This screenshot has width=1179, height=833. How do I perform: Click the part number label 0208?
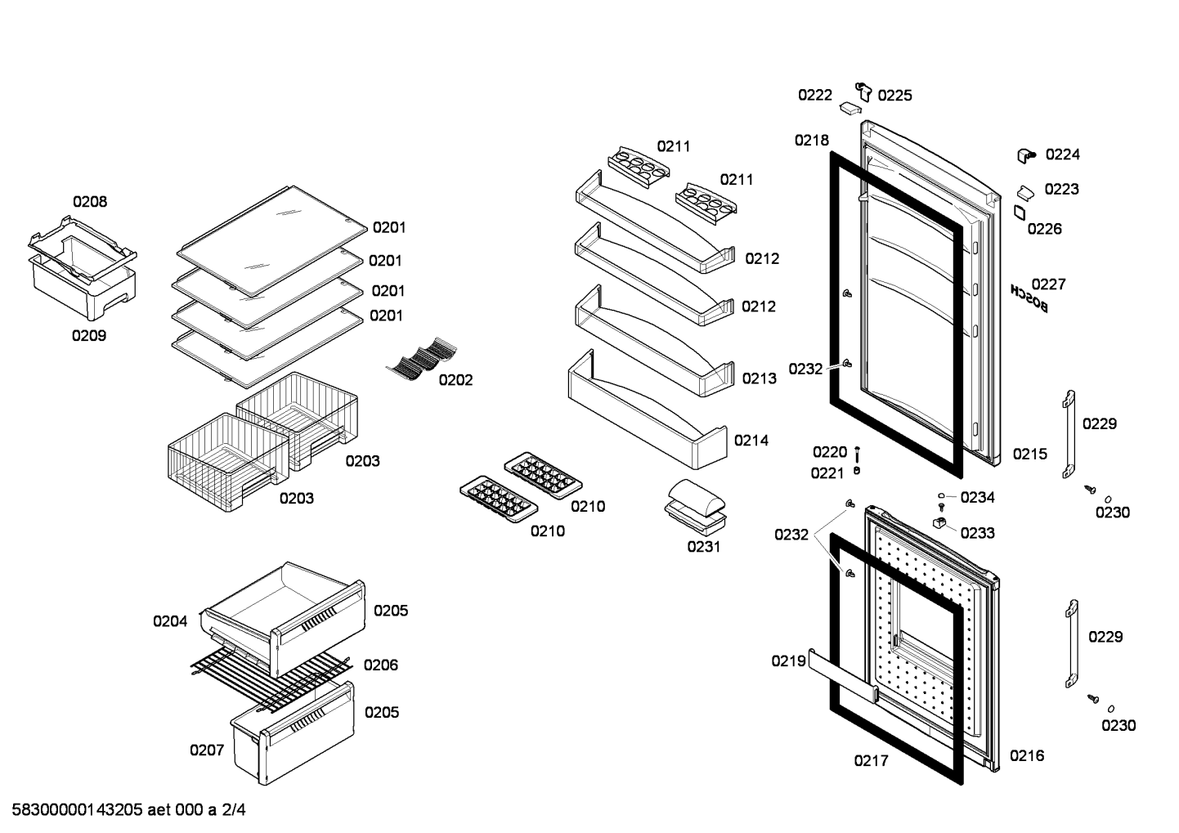[90, 202]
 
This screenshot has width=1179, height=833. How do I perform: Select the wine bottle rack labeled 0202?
[422, 359]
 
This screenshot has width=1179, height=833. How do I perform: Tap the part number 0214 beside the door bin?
[751, 441]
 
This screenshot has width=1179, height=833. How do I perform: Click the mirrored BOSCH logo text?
[1029, 298]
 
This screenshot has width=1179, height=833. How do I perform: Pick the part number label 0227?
[1048, 284]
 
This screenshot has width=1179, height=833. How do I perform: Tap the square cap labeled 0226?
[1020, 213]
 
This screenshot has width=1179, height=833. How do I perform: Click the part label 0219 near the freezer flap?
[788, 661]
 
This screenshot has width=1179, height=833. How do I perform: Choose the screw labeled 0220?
[857, 454]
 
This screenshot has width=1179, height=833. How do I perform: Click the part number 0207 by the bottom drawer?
[207, 750]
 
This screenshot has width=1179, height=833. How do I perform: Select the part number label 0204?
[170, 621]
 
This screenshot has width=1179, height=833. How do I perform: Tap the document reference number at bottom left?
[129, 810]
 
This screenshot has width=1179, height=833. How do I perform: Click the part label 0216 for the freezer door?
[1027, 756]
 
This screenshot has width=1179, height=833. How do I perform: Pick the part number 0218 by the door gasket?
[812, 141]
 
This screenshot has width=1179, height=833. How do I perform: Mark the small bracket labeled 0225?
[863, 92]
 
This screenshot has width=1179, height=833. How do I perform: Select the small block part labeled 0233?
[939, 522]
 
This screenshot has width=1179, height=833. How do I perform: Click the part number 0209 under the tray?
[89, 336]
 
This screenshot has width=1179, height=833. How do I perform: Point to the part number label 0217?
[871, 761]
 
